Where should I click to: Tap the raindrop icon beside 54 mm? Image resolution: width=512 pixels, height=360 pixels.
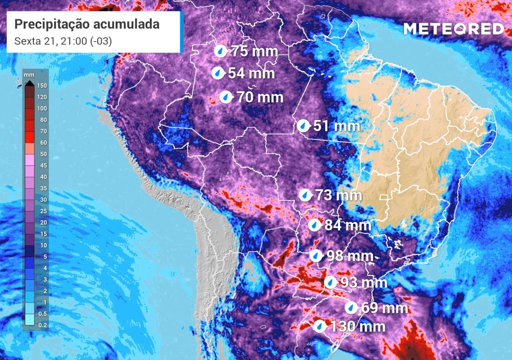pyautogui.click(x=217, y=73)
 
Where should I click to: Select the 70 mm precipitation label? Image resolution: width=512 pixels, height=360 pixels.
pyautogui.click(x=260, y=97)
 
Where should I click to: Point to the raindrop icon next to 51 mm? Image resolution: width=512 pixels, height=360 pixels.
pyautogui.click(x=303, y=125)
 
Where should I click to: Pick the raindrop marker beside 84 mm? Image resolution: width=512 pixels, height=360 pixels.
pyautogui.click(x=314, y=225)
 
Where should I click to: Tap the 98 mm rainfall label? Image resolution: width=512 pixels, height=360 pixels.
pyautogui.click(x=349, y=256)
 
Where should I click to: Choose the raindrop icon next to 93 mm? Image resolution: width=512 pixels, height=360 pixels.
pyautogui.click(x=330, y=282)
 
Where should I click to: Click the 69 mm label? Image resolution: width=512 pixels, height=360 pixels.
pyautogui.click(x=384, y=307)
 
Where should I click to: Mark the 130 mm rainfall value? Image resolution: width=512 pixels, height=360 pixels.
pyautogui.click(x=358, y=327)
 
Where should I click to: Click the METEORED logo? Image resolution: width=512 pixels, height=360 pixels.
pyautogui.click(x=454, y=29)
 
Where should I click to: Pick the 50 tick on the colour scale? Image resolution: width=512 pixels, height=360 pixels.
pyautogui.click(x=42, y=154)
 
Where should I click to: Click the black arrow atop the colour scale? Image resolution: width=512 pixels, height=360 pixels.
pyautogui.click(x=29, y=83)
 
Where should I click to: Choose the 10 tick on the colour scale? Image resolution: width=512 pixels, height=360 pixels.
pyautogui.click(x=42, y=245)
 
